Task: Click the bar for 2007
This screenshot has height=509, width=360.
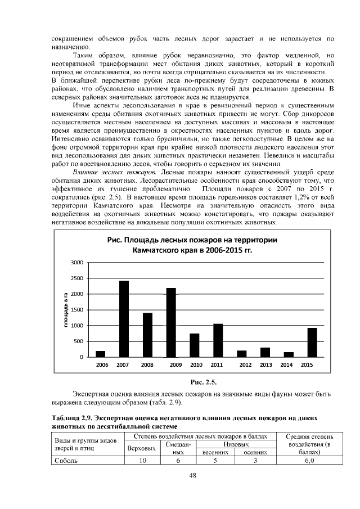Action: coord(124,318)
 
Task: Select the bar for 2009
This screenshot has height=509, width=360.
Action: coord(171,322)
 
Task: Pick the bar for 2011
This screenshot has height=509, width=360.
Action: coord(218,340)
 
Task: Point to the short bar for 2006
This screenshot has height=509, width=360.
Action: coord(101,354)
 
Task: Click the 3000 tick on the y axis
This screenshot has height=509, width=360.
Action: coord(77,263)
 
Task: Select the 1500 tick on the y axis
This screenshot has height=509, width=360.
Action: coord(77,310)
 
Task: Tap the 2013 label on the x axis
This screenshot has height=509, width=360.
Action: coord(265,365)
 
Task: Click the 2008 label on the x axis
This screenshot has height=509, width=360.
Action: coord(147,365)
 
